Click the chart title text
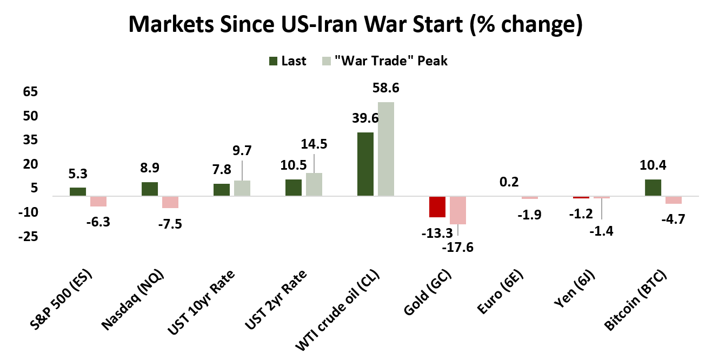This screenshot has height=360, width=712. point(356,25)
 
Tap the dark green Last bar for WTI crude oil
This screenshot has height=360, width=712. point(365,164)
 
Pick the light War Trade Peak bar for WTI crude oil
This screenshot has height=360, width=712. point(386,149)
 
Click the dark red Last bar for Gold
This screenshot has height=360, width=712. point(437,206)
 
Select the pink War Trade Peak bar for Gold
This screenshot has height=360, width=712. point(457,210)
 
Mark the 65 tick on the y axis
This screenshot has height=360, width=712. point(30,92)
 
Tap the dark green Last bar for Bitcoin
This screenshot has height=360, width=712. point(653,187)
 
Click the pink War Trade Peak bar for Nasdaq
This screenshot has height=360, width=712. point(170,202)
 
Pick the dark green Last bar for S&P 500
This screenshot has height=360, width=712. point(78,191)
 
